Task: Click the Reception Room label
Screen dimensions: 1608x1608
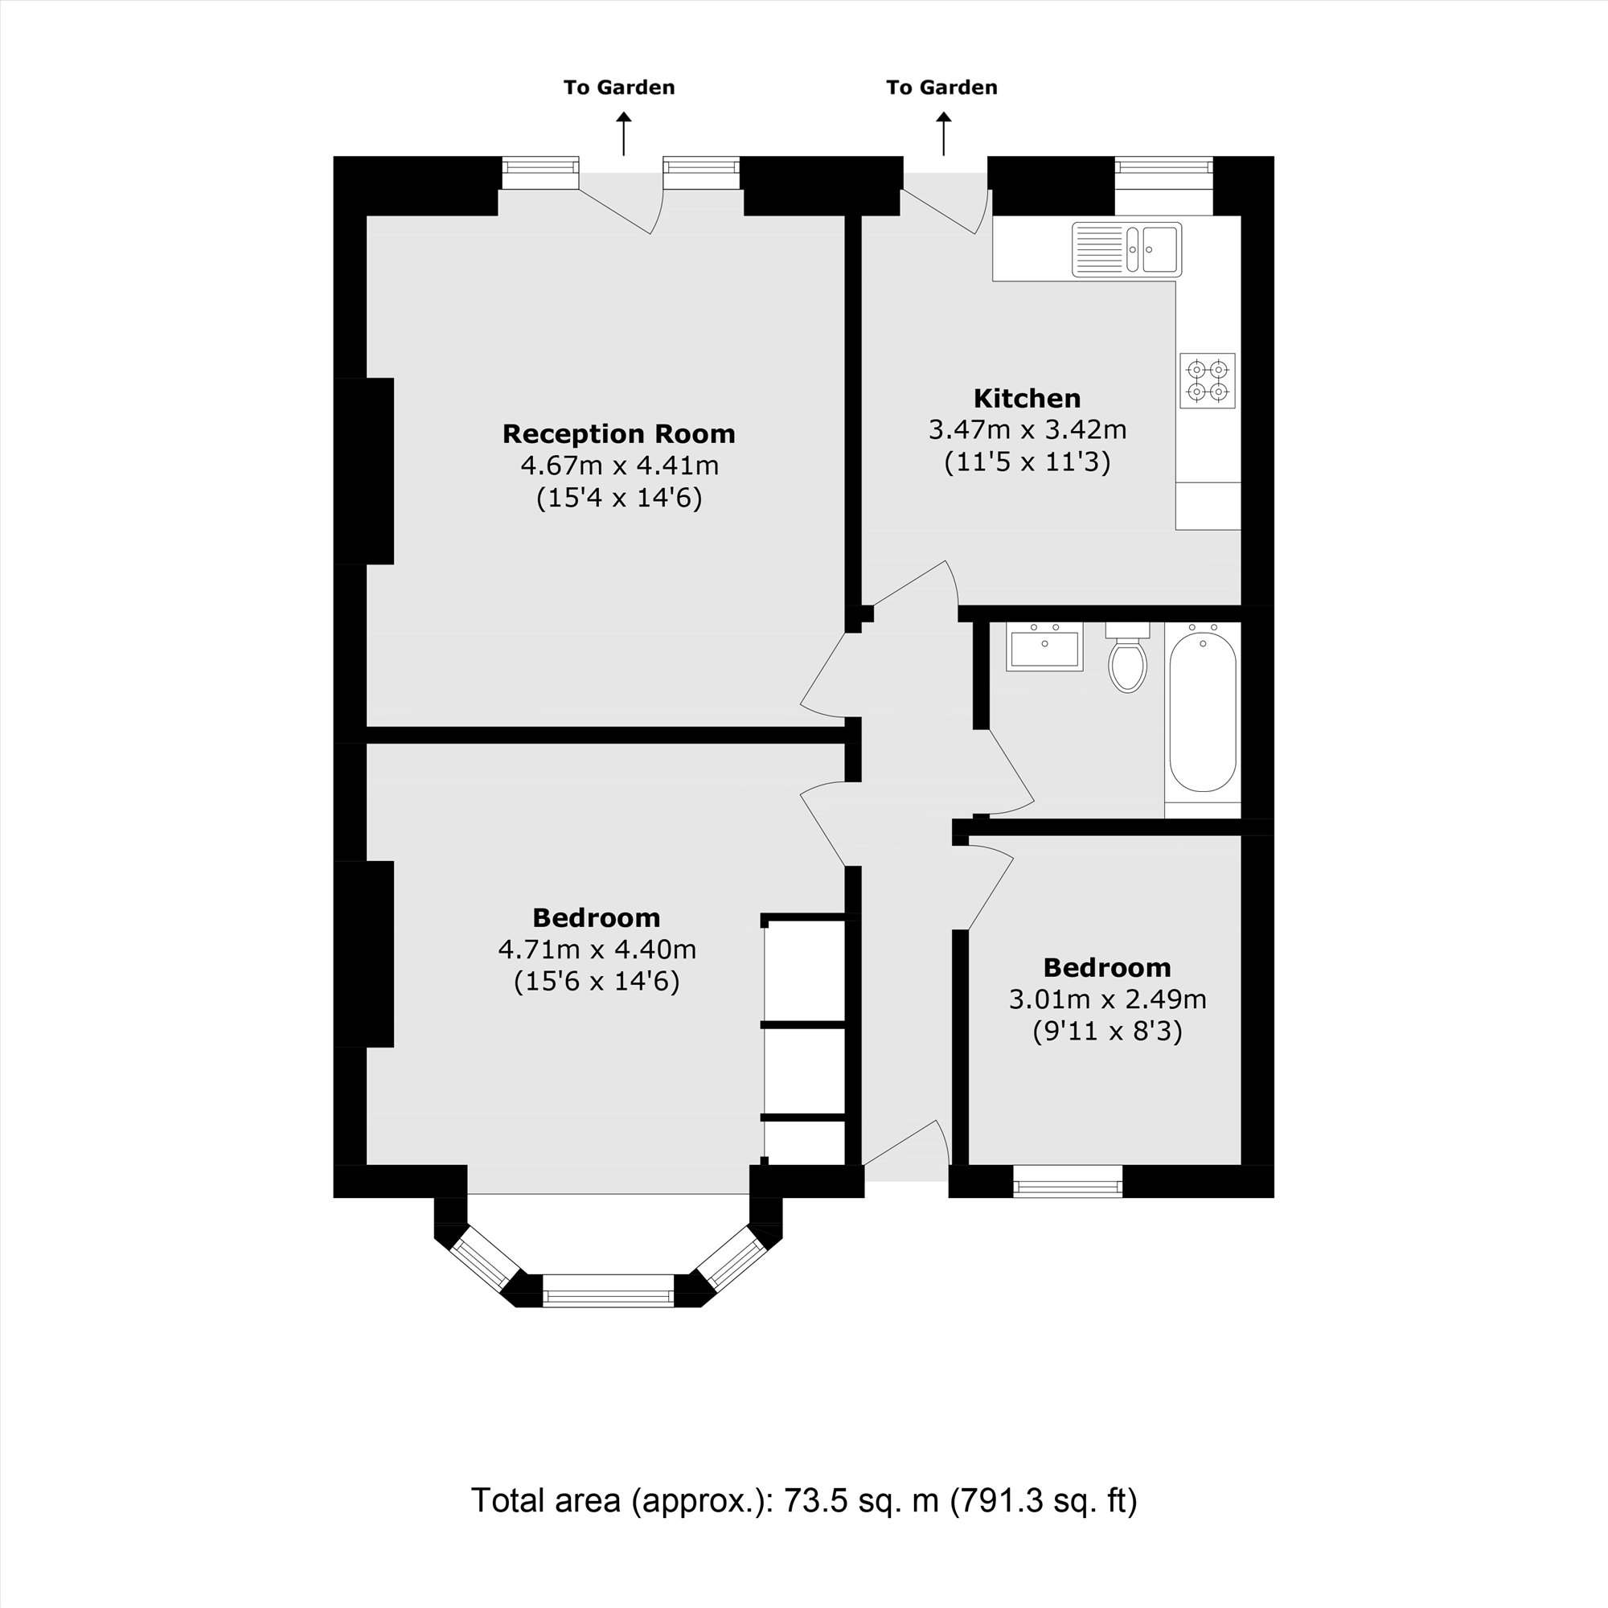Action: [618, 433]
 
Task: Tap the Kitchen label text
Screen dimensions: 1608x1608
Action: [1027, 398]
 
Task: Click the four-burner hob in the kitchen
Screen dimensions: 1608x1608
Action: [1207, 380]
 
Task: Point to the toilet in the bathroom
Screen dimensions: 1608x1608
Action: [1128, 658]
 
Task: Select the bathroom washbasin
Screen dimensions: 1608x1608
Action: [1044, 649]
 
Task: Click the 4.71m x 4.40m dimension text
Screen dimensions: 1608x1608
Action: [597, 949]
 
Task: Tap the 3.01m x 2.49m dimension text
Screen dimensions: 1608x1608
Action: [1107, 999]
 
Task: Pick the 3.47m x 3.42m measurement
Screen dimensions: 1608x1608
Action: [1027, 429]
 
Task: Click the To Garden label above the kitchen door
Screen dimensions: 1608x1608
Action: [941, 88]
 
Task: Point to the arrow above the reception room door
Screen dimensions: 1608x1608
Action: [623, 135]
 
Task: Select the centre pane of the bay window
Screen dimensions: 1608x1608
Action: [608, 1295]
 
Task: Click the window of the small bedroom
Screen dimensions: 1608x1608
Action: [1067, 1181]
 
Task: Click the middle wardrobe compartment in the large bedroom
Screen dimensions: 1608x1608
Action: [805, 1071]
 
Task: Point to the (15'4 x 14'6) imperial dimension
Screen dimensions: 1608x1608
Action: [618, 498]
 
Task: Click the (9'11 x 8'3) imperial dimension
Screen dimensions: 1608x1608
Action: [1107, 1032]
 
